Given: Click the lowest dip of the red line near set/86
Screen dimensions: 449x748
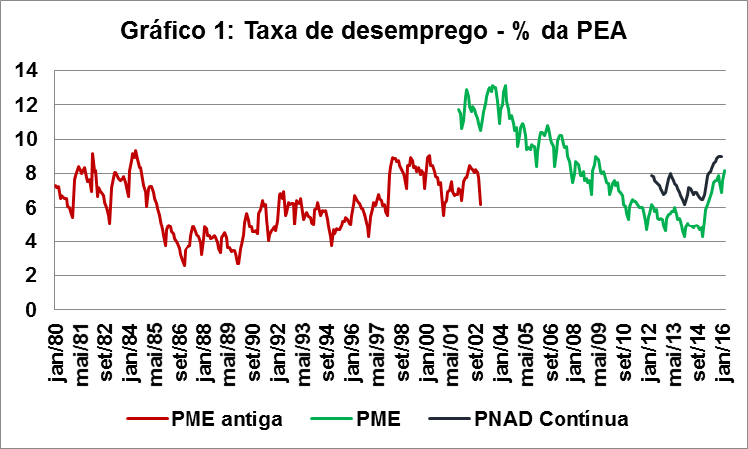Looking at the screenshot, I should click(x=184, y=265).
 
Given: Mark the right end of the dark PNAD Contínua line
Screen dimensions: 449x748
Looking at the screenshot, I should click(x=721, y=156).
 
